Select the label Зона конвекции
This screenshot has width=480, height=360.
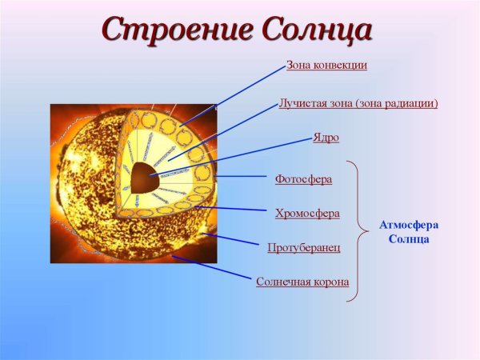pos(326,65)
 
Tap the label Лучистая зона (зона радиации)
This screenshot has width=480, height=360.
pos(358,103)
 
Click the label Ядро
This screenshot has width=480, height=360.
pos(326,138)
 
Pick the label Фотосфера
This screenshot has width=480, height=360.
pos(303,178)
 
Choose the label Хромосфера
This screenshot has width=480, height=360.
pos(307,213)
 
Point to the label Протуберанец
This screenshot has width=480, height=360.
pos(304,247)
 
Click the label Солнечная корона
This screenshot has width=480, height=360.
pos(302,282)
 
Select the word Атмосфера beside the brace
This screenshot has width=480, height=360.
pos(408,226)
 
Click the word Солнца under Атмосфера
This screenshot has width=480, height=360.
pos(408,239)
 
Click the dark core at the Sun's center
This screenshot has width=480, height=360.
pos(145,176)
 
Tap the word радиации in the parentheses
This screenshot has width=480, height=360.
pos(411,103)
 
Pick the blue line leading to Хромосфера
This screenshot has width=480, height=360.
pos(232,209)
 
